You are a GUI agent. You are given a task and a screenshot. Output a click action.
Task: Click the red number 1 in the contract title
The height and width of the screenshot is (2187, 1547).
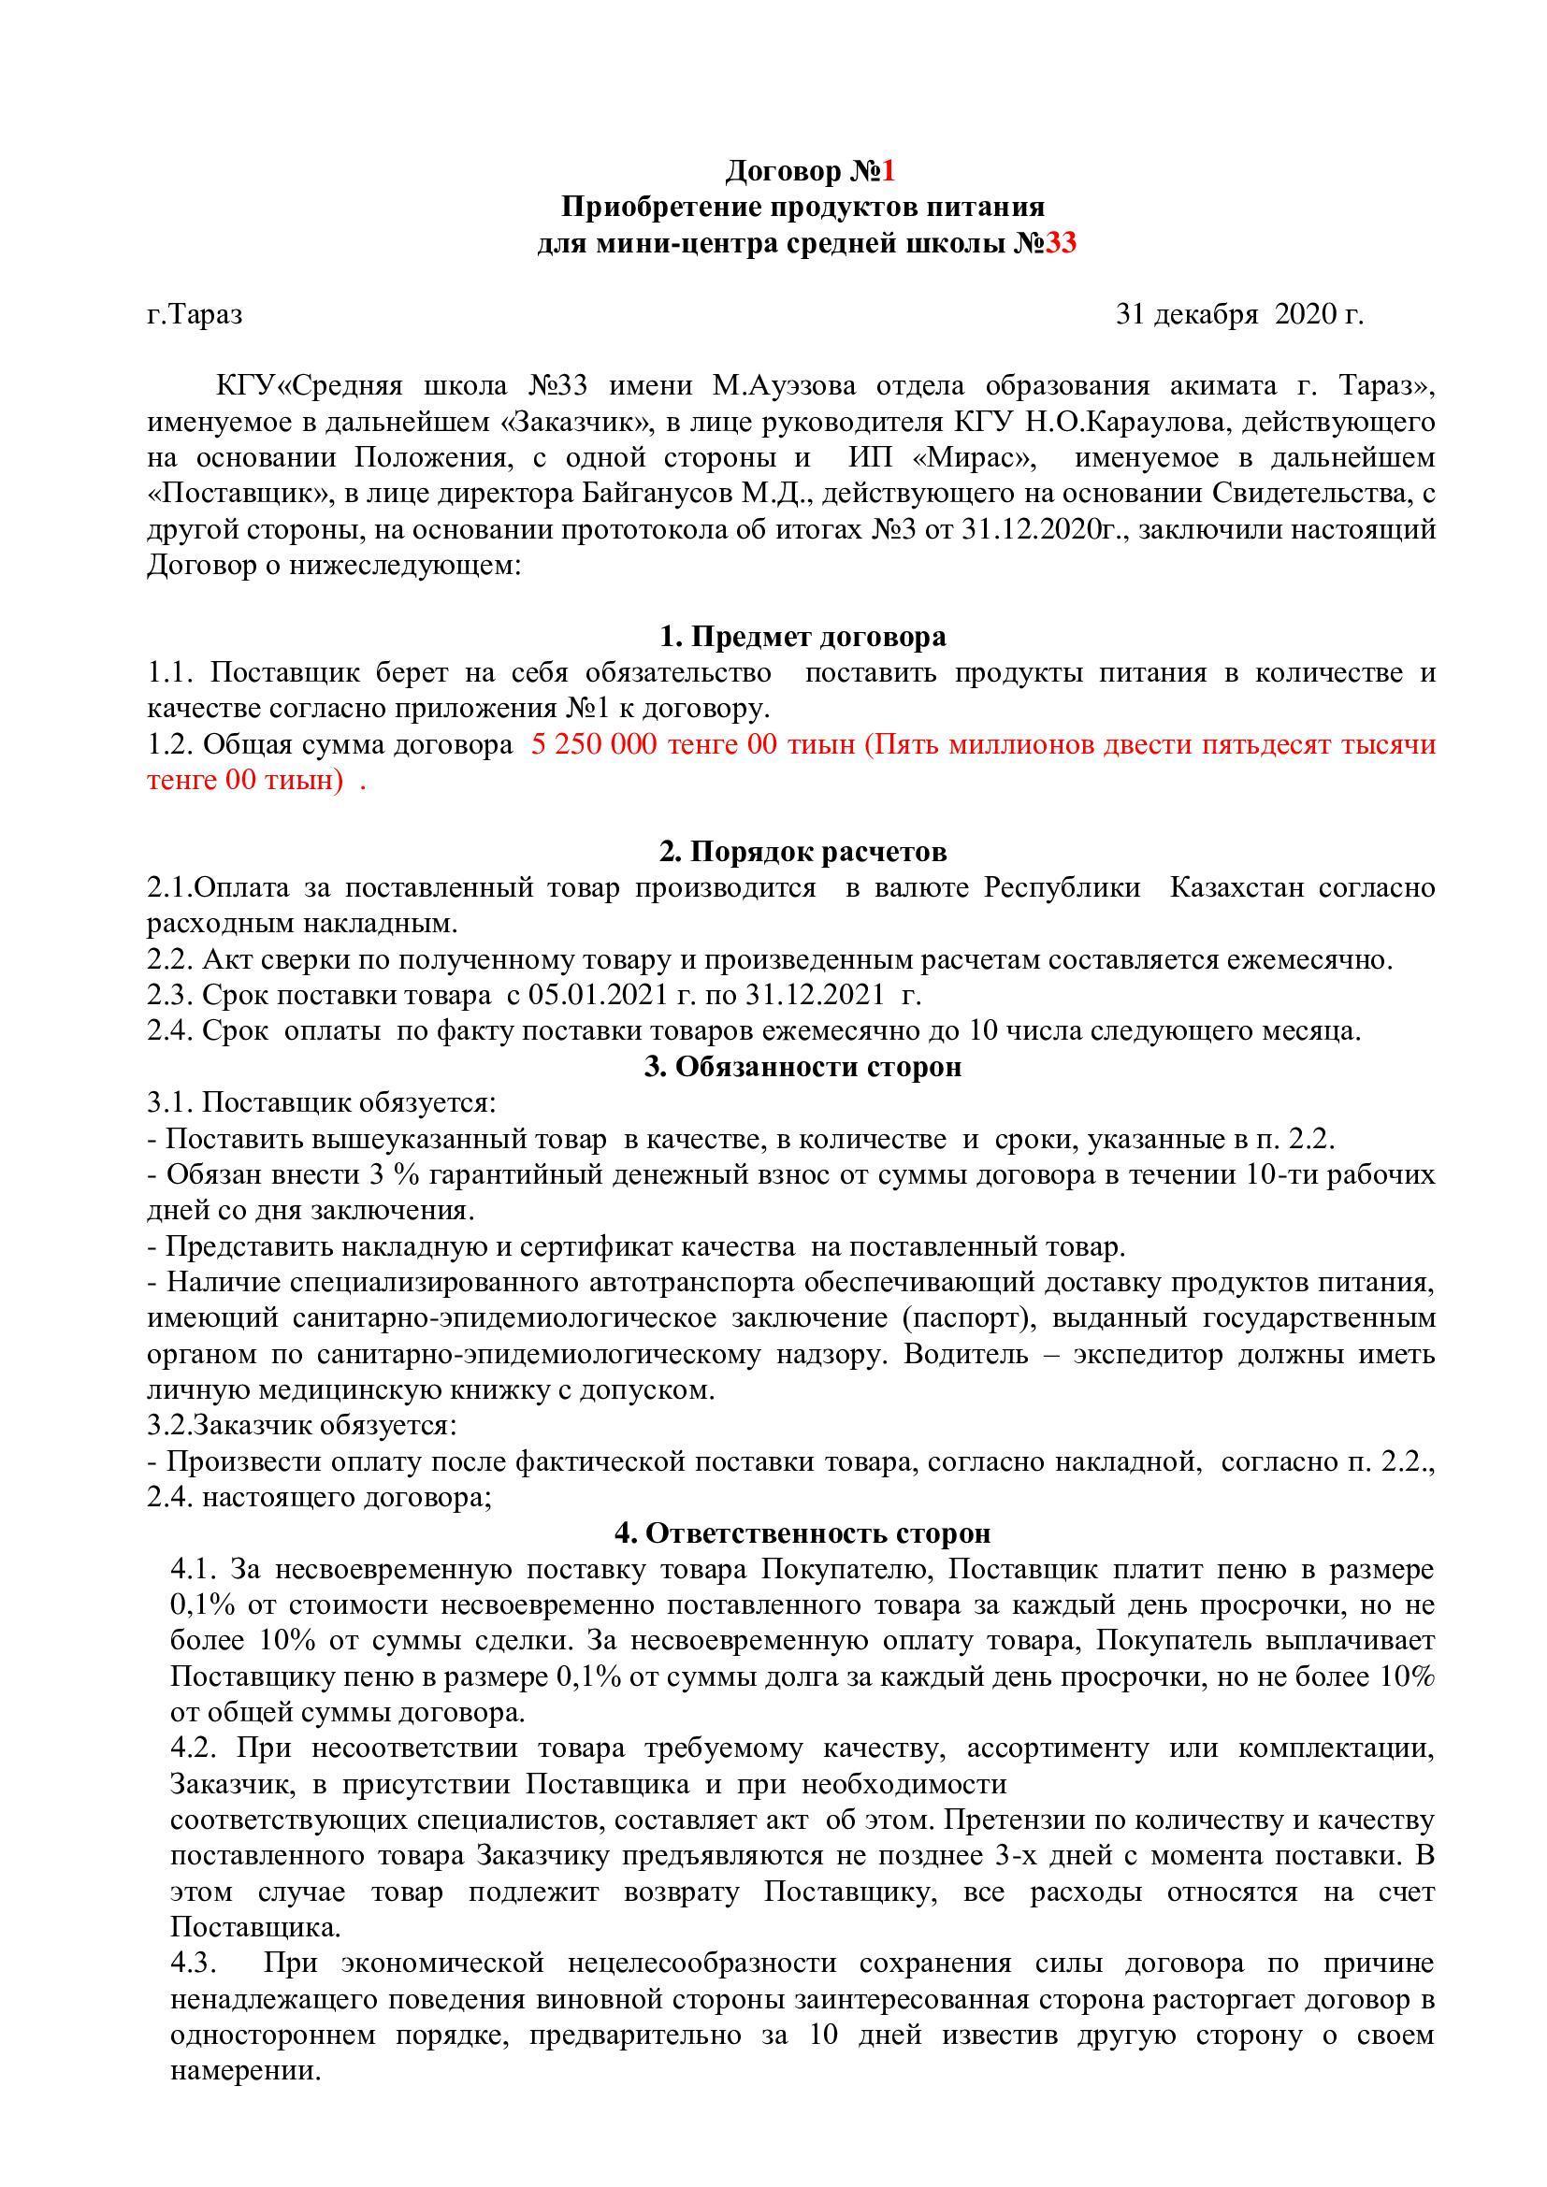(x=888, y=171)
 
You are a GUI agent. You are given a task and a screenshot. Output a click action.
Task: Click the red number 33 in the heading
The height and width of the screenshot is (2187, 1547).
(x=1061, y=244)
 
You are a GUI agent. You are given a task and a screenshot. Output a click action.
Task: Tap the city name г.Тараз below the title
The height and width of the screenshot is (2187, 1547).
(x=195, y=314)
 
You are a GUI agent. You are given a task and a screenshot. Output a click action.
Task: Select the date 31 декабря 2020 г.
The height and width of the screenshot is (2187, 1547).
(x=1239, y=314)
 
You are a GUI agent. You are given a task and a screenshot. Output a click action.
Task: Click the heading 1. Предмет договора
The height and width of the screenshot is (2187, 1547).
(x=803, y=637)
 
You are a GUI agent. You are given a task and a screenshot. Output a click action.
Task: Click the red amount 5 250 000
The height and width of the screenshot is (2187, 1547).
(x=594, y=745)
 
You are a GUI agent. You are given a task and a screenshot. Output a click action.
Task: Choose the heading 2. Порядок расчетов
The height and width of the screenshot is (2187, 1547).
(x=803, y=851)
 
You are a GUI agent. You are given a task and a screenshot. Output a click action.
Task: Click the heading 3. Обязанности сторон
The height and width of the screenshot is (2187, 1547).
(x=803, y=1067)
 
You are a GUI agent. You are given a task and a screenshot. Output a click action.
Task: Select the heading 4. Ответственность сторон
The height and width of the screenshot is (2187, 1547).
(x=803, y=1533)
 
